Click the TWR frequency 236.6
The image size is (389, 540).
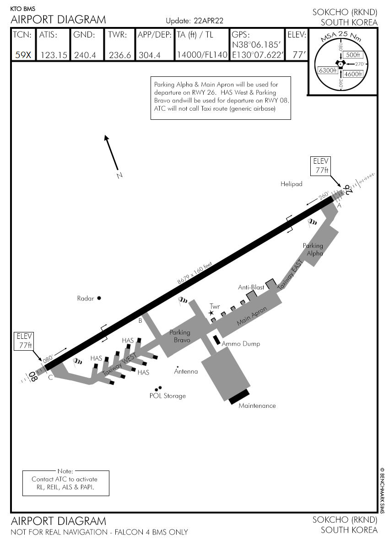tap(120, 55)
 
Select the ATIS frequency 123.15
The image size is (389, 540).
tap(54, 55)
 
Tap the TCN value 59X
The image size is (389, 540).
tap(23, 55)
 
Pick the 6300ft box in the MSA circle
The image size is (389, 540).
tap(327, 70)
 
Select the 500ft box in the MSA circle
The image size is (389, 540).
tap(353, 55)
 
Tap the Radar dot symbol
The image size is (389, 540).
tap(99, 298)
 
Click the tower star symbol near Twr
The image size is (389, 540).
tap(211, 313)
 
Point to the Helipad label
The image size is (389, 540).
tap(292, 184)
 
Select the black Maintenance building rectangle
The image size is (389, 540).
tap(239, 397)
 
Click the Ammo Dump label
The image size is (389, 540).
tap(241, 344)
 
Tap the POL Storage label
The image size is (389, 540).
tap(167, 396)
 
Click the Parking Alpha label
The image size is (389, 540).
tap(313, 249)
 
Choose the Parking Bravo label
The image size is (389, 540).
tap(179, 336)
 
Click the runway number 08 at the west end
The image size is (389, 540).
tap(32, 376)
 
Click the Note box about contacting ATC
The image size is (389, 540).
tap(66, 482)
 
